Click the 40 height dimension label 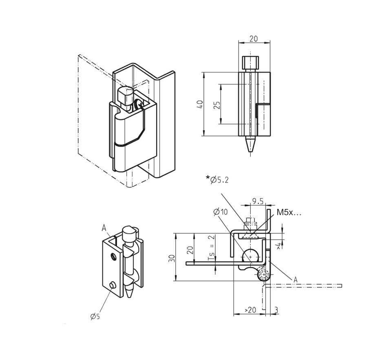point(200,104)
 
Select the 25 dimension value point(217,104)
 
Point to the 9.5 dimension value point(257,201)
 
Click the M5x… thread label point(289,212)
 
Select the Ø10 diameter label point(220,212)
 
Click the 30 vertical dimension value point(172,258)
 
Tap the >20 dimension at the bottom point(250,310)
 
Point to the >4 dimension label point(279,245)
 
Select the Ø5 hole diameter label point(95,316)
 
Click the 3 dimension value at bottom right point(276,310)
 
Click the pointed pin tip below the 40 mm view point(249,144)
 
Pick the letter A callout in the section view point(296,279)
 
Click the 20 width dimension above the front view point(254,39)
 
